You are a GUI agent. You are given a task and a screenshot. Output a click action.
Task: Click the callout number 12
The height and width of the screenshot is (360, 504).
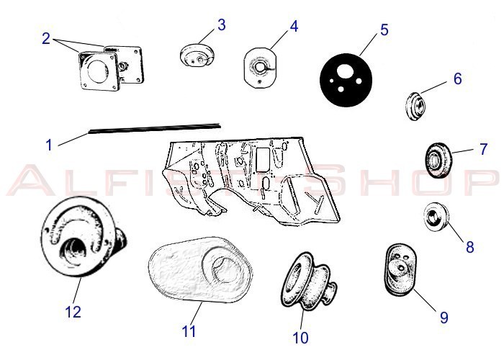coord(73,312)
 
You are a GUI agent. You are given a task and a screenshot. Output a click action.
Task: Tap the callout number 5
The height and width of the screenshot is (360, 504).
coord(384,30)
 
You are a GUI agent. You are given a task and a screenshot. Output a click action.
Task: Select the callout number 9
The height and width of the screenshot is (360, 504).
coord(444,318)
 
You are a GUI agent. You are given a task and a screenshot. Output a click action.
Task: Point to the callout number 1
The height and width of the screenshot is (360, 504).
coord(49,145)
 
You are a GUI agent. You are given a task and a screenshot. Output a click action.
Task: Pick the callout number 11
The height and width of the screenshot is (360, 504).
coord(189,331)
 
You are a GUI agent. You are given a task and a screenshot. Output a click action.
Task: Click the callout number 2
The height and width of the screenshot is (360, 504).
coord(46,39)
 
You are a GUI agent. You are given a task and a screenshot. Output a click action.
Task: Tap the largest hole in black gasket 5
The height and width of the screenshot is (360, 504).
coord(344,71)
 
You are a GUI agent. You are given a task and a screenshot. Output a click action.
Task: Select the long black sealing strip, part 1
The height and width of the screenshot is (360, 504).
coord(155,127)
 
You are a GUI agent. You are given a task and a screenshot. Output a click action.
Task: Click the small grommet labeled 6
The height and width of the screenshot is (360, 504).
coord(415,106)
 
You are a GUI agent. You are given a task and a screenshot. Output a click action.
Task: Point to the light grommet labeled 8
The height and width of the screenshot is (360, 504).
coord(436,217)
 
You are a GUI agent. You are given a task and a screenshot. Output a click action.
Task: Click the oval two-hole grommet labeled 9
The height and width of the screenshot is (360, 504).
coord(400,269)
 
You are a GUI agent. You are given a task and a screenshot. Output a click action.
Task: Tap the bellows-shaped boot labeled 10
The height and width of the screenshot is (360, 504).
coord(309,282)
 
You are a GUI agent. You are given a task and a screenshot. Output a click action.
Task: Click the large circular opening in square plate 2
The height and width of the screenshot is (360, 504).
coord(96,70)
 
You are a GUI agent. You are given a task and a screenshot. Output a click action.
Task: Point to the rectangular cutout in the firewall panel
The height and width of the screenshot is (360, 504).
coord(263,159)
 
